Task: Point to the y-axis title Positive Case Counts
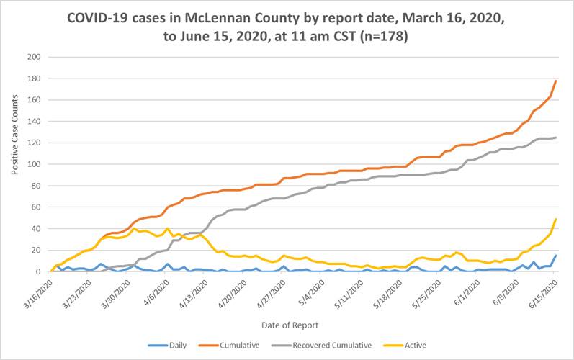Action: [x=15, y=164]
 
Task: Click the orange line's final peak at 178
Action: [x=556, y=81]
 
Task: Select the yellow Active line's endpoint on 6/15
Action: [x=556, y=220]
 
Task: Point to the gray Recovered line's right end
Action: [x=556, y=138]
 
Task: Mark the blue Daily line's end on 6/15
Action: [x=556, y=256]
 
